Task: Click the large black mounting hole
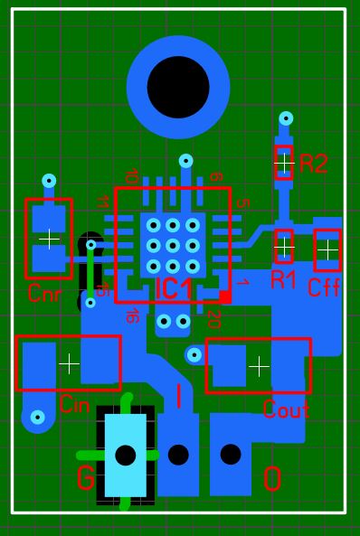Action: pyautogui.click(x=178, y=87)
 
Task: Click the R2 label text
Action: pyautogui.click(x=314, y=164)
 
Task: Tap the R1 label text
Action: pyautogui.click(x=283, y=280)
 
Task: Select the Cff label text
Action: pyautogui.click(x=324, y=287)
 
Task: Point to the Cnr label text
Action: pyautogui.click(x=45, y=293)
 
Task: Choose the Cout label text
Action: pyautogui.click(x=287, y=409)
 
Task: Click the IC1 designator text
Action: pyautogui.click(x=174, y=290)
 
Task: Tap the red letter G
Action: pyautogui.click(x=86, y=478)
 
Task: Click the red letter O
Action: pyautogui.click(x=272, y=479)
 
